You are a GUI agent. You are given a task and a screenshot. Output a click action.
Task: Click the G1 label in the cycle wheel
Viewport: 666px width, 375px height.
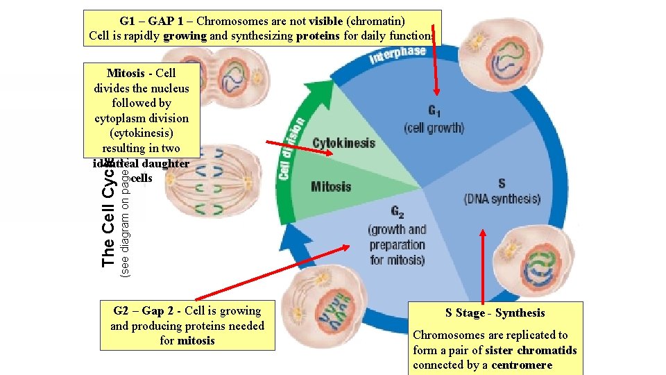tap(434, 111)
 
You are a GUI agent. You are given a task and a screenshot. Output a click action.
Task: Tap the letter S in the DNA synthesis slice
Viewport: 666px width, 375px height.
tap(501, 183)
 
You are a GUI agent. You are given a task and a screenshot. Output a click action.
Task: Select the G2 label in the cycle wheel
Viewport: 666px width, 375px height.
tap(397, 212)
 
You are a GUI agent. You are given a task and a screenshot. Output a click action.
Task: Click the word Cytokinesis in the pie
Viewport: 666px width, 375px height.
tap(343, 144)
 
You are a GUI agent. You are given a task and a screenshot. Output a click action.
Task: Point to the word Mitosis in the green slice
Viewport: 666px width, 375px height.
tap(331, 186)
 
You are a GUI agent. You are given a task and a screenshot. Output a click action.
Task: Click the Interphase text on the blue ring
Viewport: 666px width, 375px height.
tap(398, 55)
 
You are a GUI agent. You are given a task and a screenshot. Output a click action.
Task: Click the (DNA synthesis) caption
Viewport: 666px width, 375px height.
tap(502, 199)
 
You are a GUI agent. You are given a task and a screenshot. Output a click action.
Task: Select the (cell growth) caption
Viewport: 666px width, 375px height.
tap(434, 128)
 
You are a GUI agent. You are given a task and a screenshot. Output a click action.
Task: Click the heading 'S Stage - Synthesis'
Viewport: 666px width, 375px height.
tap(495, 312)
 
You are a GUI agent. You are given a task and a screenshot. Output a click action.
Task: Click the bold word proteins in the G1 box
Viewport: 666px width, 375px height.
tap(318, 35)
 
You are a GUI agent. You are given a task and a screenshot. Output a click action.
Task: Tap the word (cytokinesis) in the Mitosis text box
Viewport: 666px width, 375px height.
tap(142, 133)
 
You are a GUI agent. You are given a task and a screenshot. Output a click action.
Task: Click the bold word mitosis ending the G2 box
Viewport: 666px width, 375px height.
tap(196, 340)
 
